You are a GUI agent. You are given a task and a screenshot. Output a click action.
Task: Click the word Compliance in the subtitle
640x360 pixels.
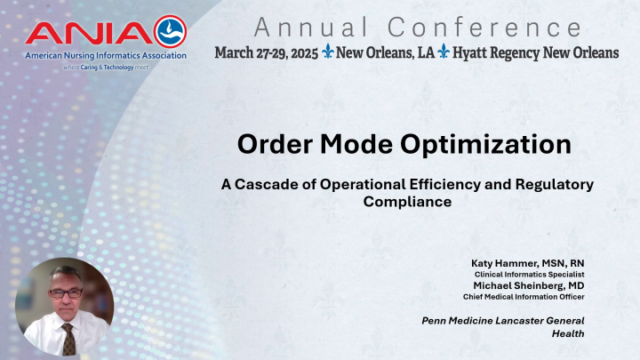click(x=407, y=202)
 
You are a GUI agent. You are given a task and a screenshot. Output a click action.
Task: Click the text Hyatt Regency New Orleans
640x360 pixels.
click(x=546, y=52)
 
